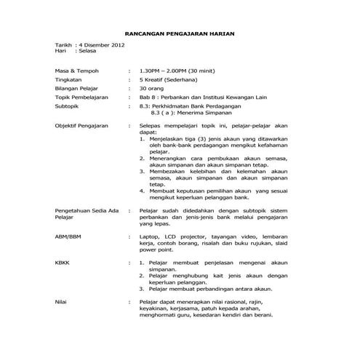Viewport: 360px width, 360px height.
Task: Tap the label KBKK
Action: (64, 261)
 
